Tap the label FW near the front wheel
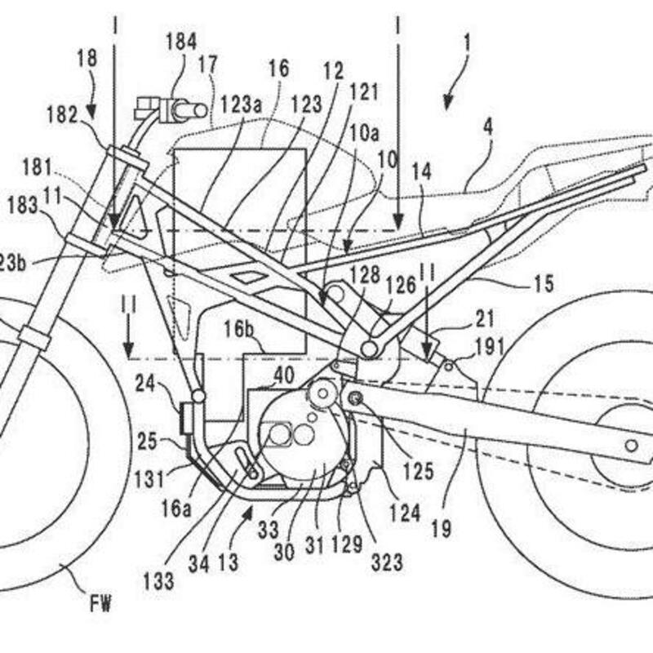click(x=100, y=605)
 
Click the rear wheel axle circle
click(x=631, y=445)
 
